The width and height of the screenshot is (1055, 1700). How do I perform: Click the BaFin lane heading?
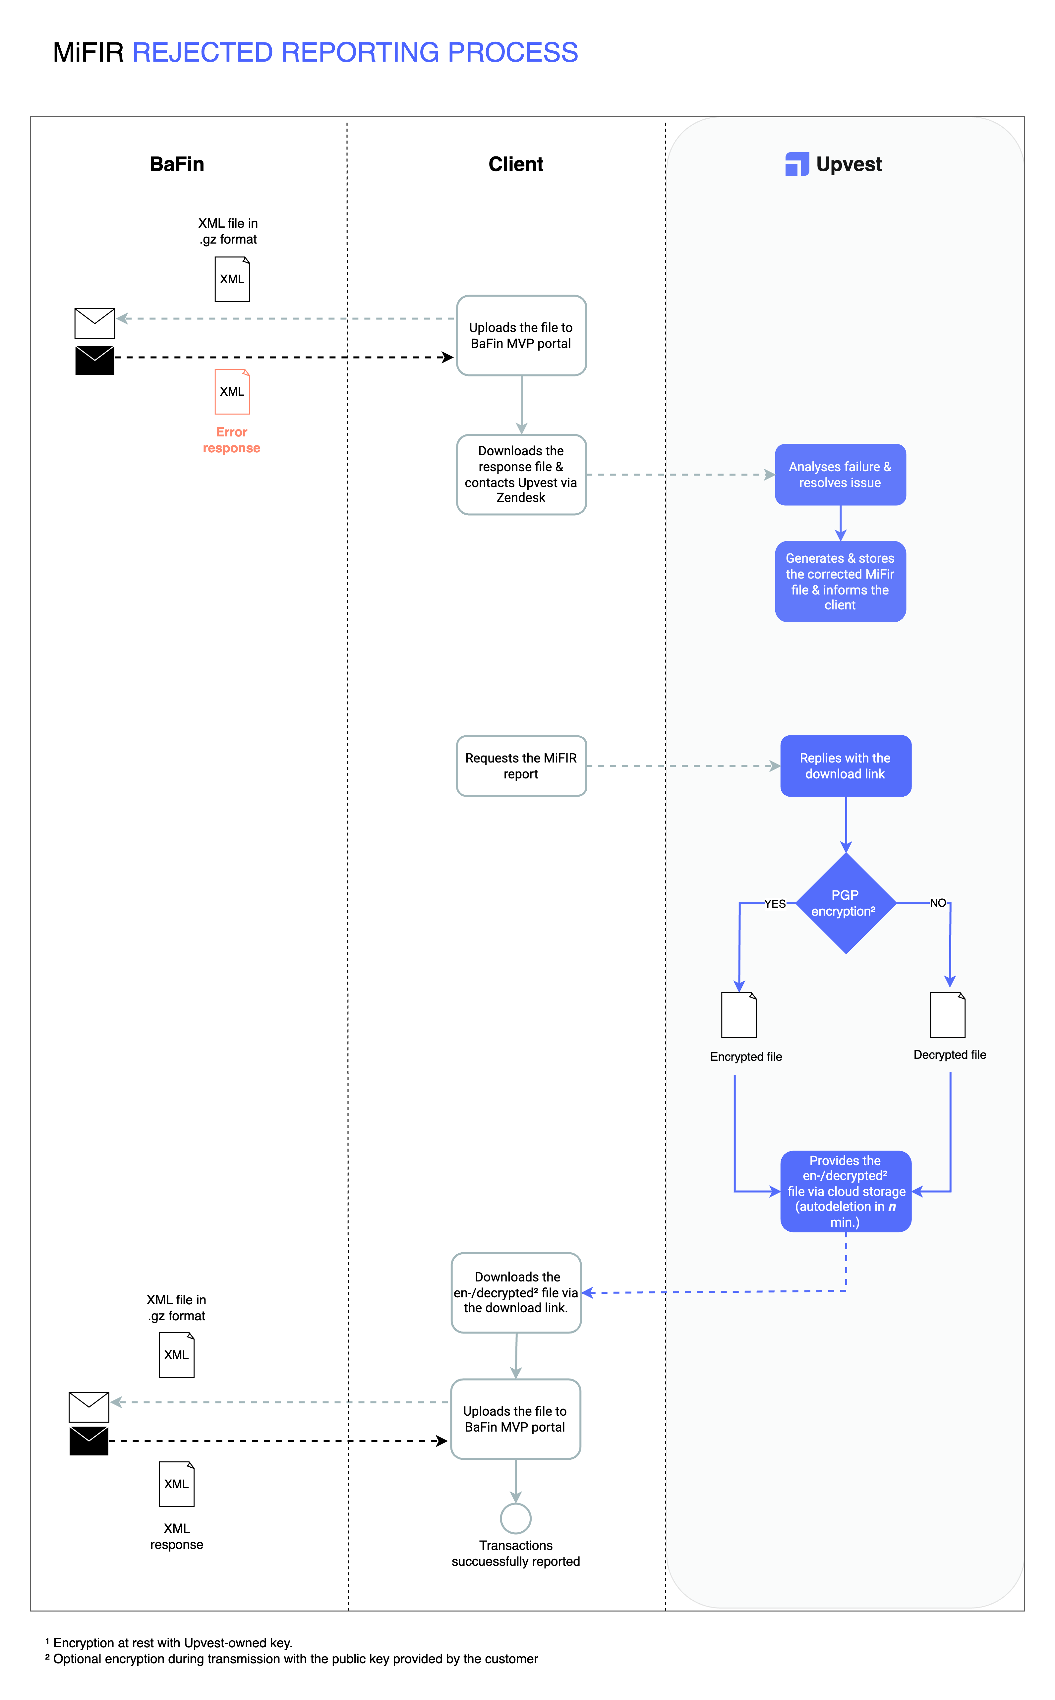(177, 164)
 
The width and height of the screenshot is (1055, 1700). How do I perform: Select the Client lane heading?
(516, 164)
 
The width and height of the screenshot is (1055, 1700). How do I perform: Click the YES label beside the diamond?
(775, 903)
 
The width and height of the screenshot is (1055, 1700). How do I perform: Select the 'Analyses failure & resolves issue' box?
(840, 474)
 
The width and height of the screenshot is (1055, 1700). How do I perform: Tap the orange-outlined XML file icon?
(232, 391)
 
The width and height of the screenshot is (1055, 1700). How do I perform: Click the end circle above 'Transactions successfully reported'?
(516, 1518)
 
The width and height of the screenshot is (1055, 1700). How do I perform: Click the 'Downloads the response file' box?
(521, 474)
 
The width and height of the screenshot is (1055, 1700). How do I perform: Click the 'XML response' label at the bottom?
(177, 1536)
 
